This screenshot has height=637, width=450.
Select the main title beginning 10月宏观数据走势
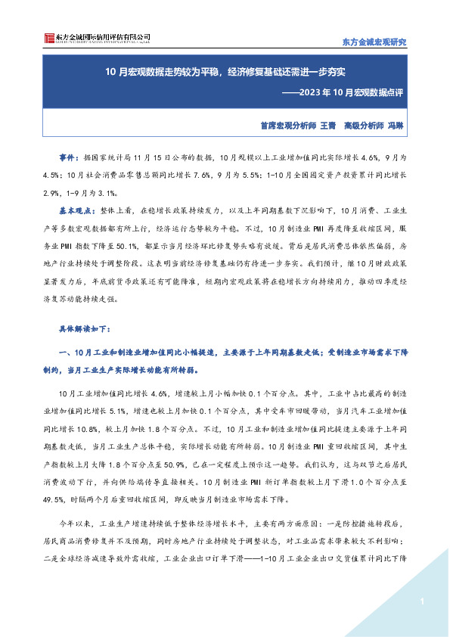pyautogui.click(x=225, y=73)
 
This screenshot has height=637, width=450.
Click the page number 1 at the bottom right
pyautogui.click(x=420, y=601)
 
